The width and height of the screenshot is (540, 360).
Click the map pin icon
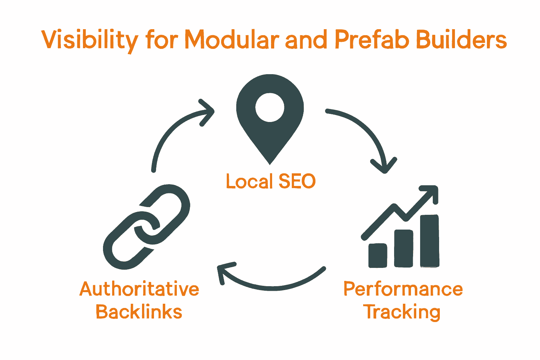[270, 134]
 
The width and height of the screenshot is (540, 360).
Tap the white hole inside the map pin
[270, 107]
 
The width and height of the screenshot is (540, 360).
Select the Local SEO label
[270, 181]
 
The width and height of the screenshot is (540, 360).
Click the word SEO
[297, 181]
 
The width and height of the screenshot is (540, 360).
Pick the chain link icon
[146, 227]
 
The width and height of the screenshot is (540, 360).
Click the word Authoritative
[139, 289]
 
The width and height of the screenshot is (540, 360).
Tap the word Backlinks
[139, 312]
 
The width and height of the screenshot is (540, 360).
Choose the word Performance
[403, 289]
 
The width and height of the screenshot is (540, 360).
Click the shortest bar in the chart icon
[378, 255]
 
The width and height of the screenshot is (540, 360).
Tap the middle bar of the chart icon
[404, 248]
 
